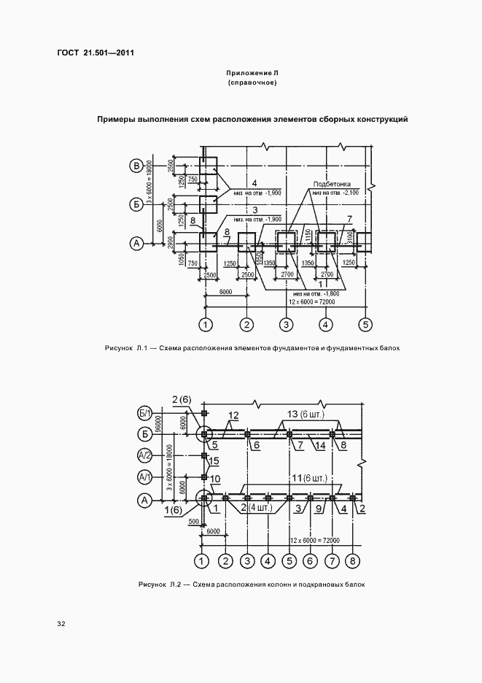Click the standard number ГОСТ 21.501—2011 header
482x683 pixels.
click(x=95, y=53)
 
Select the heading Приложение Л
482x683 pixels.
click(x=252, y=74)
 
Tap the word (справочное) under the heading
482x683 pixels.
click(x=252, y=85)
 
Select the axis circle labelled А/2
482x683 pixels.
click(x=144, y=456)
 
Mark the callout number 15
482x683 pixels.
click(x=214, y=461)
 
